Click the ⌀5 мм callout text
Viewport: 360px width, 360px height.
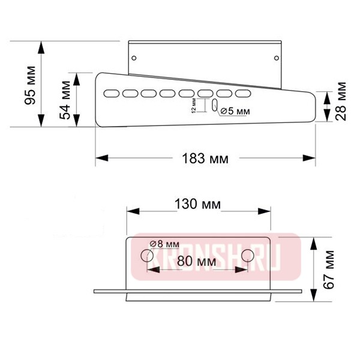pos(236,111)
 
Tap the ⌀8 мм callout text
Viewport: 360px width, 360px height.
pos(164,244)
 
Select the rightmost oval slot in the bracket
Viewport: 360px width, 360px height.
pos(243,94)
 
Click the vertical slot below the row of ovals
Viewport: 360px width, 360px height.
pos(214,106)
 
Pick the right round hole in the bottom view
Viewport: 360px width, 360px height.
pos(247,256)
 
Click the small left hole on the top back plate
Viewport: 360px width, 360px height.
pos(134,58)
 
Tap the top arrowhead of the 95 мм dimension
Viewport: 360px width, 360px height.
pos(41,46)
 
